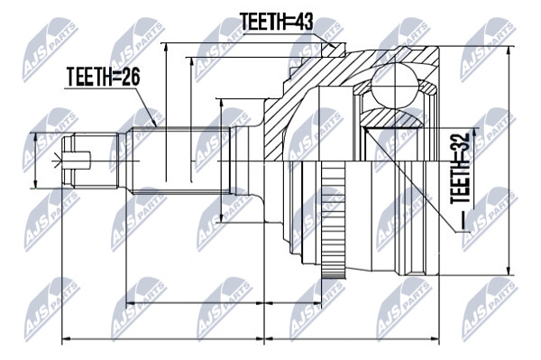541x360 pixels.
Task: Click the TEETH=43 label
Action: [x=277, y=22]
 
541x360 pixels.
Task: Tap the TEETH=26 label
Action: [x=104, y=77]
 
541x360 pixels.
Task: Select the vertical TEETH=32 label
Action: [x=461, y=169]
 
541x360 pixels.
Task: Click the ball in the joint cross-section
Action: [x=394, y=85]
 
